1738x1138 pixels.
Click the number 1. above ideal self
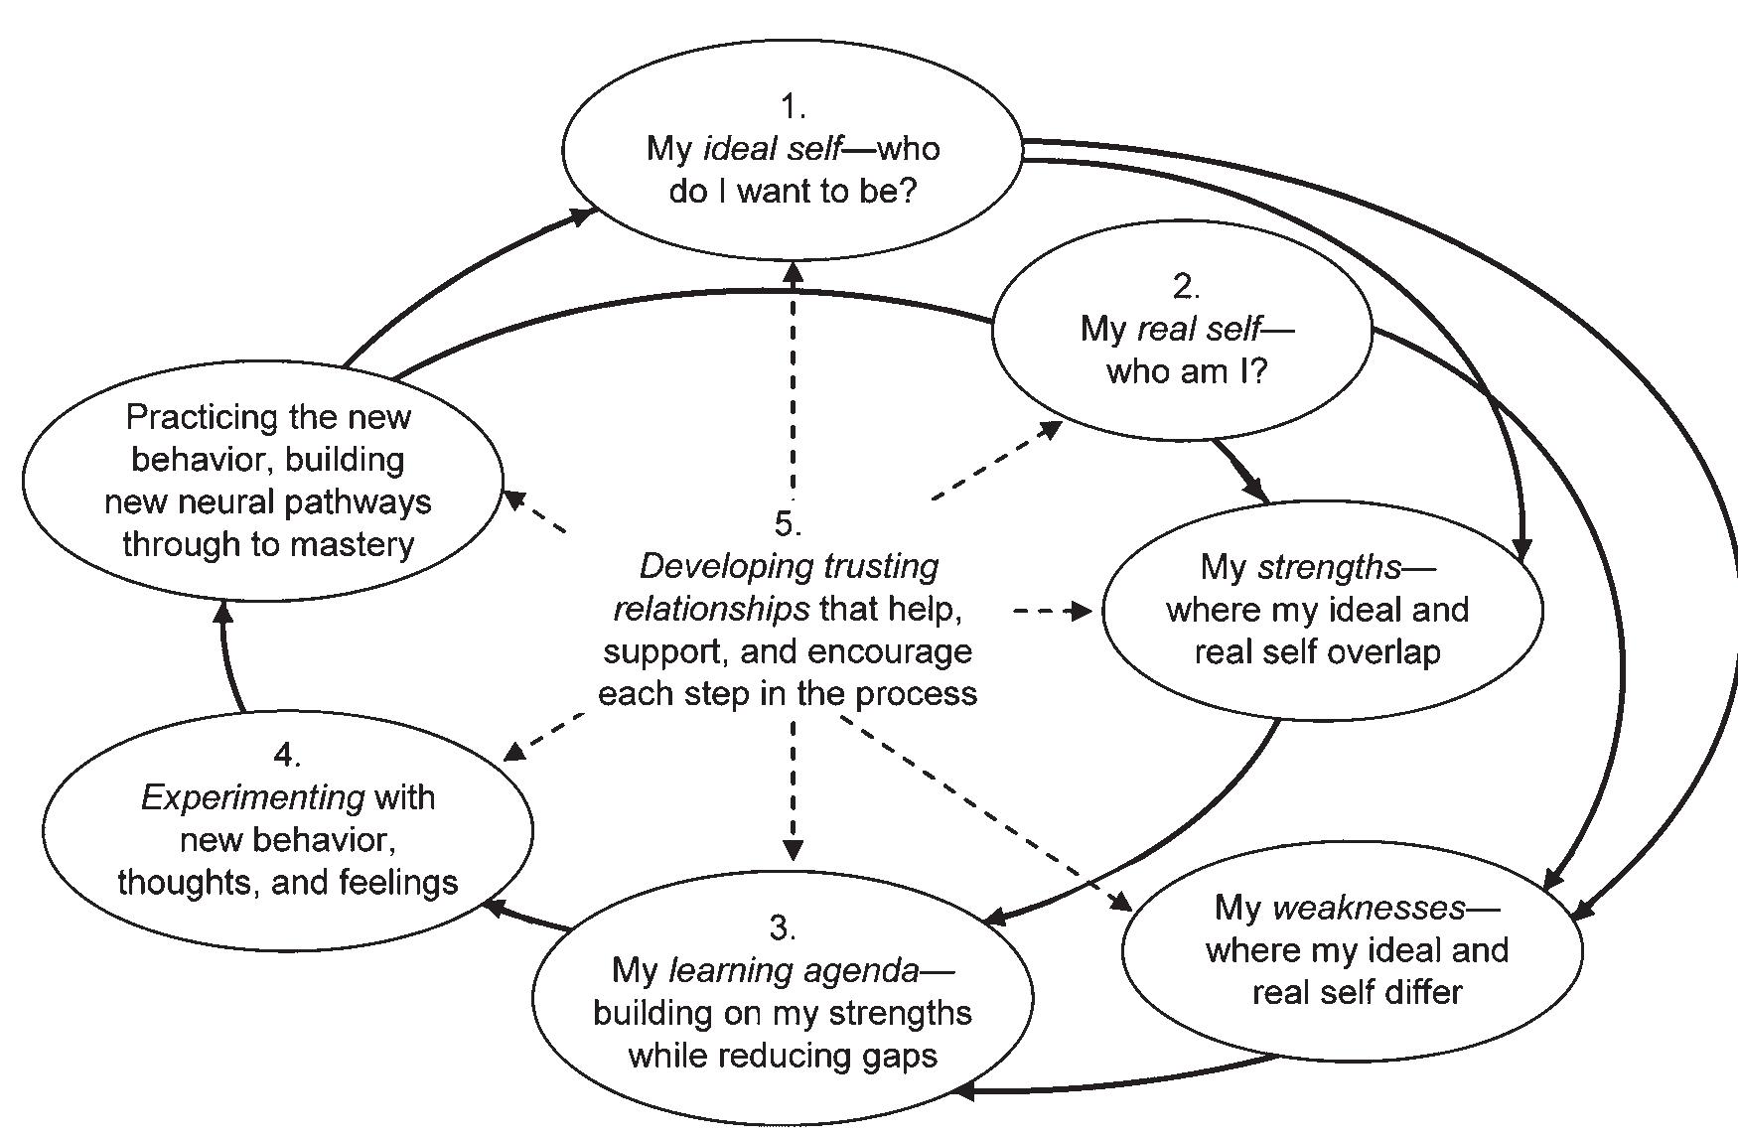792,106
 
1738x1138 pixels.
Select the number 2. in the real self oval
1186,287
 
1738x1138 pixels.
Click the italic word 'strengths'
1329,567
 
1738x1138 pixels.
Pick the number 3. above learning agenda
783,927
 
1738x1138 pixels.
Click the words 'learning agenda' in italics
795,970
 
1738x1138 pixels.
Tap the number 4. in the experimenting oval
286,755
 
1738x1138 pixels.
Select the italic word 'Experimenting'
253,797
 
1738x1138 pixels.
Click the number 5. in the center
788,522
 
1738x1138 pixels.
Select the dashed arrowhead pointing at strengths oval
1080,611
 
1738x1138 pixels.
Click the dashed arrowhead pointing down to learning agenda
793,849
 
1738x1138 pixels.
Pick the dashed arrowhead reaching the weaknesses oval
1121,903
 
